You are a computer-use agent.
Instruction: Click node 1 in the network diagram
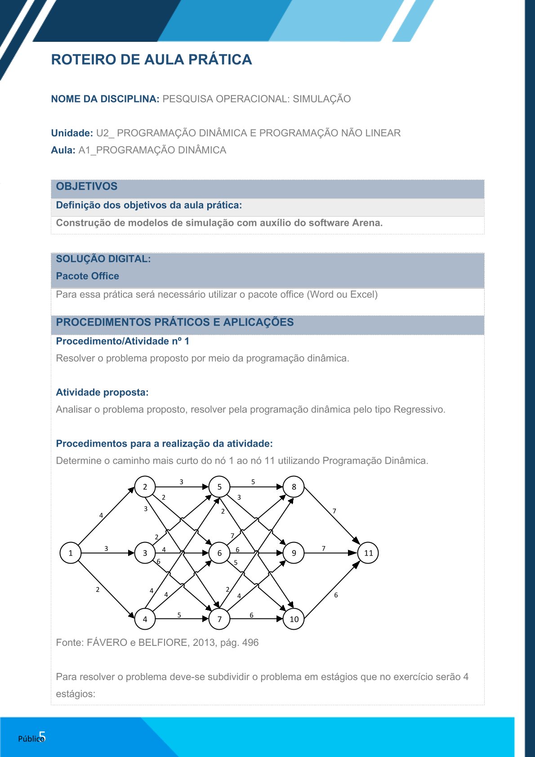click(x=71, y=553)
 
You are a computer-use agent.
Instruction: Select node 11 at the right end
click(x=368, y=553)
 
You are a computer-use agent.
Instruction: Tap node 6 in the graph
click(x=219, y=553)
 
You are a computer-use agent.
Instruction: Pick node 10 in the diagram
click(x=294, y=619)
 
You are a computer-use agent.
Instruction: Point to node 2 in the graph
click(x=145, y=487)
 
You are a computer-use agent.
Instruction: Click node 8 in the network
click(x=294, y=487)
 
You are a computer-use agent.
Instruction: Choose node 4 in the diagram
click(x=145, y=619)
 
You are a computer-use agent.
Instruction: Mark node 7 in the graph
click(x=219, y=619)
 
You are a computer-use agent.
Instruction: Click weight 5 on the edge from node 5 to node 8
click(x=253, y=482)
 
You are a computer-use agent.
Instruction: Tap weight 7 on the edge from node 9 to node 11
click(x=324, y=548)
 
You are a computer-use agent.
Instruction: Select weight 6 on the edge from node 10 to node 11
click(x=336, y=595)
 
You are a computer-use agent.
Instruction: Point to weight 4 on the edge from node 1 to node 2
click(x=101, y=515)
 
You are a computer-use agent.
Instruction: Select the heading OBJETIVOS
click(x=87, y=186)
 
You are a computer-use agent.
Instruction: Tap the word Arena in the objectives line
click(x=367, y=223)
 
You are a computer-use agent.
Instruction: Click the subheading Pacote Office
click(x=88, y=276)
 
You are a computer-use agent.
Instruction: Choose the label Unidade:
click(x=72, y=133)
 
